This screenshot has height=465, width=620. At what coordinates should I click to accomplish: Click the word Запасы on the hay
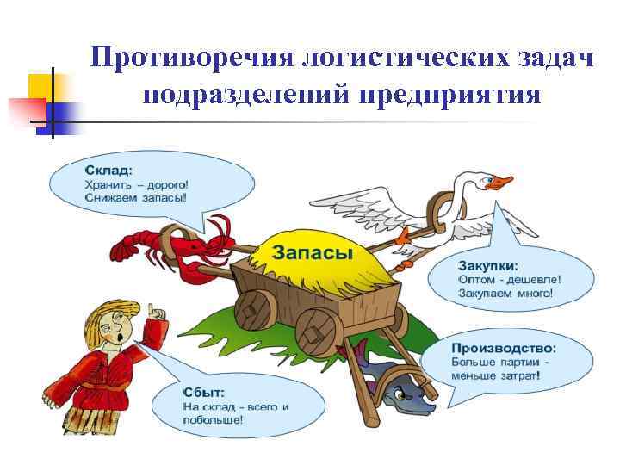click(313, 252)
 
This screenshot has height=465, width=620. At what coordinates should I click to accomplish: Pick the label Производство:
click(504, 348)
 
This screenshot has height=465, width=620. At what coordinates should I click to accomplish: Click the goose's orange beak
click(500, 183)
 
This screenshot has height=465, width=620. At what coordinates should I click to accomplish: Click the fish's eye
click(399, 394)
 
